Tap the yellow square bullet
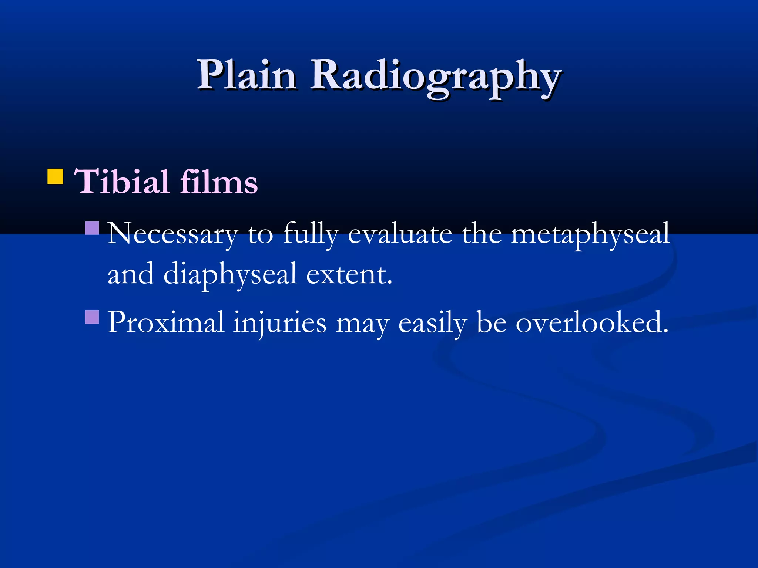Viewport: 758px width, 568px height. coord(55,176)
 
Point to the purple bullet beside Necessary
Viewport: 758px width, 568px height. coord(92,228)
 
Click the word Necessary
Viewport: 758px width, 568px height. coord(172,234)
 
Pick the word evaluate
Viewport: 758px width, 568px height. coord(400,234)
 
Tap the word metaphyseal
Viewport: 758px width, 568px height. coord(590,234)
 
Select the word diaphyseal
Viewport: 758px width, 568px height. coord(230,274)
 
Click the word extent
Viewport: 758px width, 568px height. coord(349,274)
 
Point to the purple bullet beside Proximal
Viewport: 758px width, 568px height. coord(92,317)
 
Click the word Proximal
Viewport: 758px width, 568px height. coord(165,322)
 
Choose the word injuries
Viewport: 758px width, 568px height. coord(280,322)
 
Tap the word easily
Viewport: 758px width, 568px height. coord(432,322)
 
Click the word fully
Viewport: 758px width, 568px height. coord(311,234)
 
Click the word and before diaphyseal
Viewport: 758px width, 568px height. coord(130,274)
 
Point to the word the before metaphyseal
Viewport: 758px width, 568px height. coord(482,234)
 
